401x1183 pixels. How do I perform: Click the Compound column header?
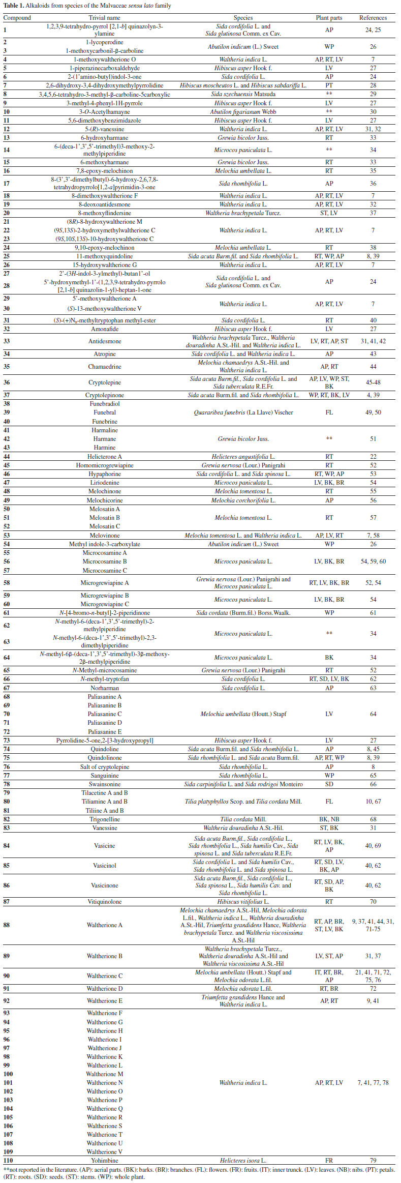[x=17, y=18]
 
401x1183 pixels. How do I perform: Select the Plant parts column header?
[x=329, y=18]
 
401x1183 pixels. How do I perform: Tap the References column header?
[x=373, y=18]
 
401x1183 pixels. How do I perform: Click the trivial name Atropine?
[x=104, y=354]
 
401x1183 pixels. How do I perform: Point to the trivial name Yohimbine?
[x=104, y=1161]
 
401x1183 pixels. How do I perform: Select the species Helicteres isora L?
[x=243, y=1161]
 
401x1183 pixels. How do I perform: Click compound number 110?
[x=8, y=1161]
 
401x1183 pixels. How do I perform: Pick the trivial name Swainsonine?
[x=104, y=784]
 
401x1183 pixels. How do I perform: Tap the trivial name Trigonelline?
[x=104, y=819]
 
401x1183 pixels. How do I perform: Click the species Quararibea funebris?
[x=243, y=412]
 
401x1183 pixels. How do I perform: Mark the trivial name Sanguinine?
[x=104, y=776]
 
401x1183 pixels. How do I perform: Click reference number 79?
[x=373, y=1161]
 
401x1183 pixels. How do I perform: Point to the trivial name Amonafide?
[x=104, y=329]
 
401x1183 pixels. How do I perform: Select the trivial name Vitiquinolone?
[x=104, y=902]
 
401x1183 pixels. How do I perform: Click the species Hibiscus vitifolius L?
[x=243, y=902]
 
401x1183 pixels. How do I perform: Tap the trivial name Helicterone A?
[x=104, y=457]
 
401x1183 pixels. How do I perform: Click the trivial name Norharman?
[x=104, y=688]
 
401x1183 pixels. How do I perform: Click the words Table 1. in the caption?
[x=14, y=6]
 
